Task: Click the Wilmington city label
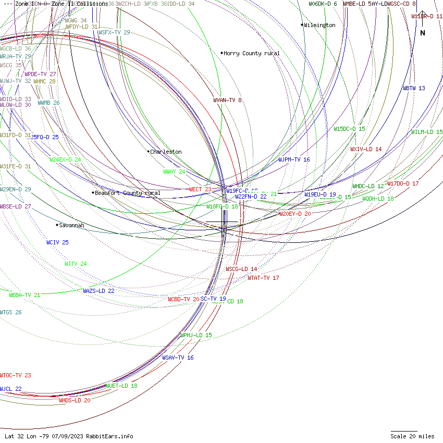[x=319, y=25]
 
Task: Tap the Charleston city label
[x=166, y=152]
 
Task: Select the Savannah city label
[x=71, y=225]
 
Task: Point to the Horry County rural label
[x=251, y=53]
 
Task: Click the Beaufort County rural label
[x=127, y=193]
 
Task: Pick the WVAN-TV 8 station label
[x=227, y=100]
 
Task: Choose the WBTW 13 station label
[x=414, y=88]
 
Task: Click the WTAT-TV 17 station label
[x=263, y=278]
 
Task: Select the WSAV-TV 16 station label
[x=178, y=358]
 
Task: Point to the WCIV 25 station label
[x=57, y=242]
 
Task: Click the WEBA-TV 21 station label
[x=24, y=295]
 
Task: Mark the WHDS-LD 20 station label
[x=75, y=400]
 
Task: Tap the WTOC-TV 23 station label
[x=16, y=375]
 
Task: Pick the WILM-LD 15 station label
[x=427, y=132]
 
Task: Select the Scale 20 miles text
[x=412, y=436]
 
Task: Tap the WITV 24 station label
[x=76, y=264]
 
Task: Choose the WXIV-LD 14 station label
[x=366, y=149]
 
